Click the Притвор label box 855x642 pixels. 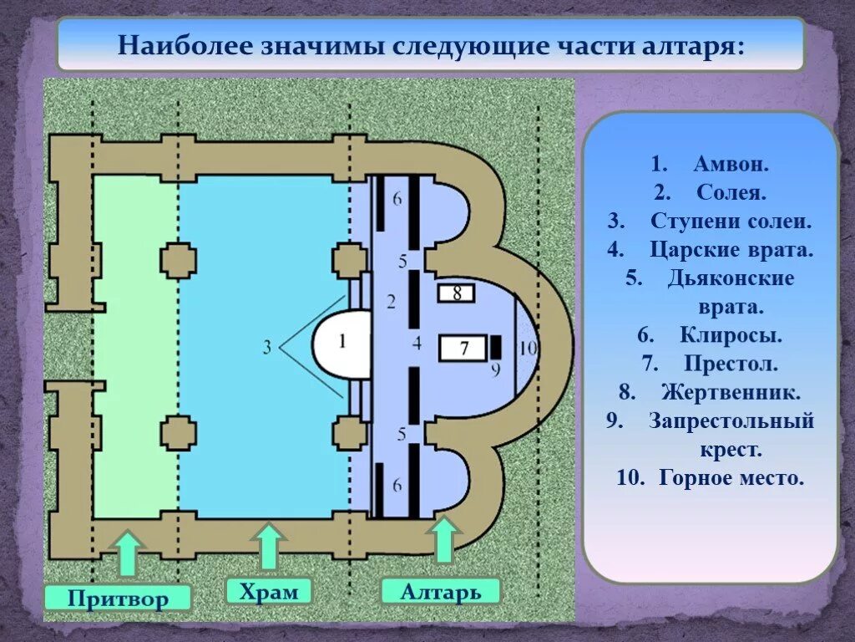(x=118, y=599)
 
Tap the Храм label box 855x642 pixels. (x=268, y=592)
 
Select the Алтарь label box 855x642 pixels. (x=441, y=592)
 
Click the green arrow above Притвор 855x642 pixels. (x=127, y=554)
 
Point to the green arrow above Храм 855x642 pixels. (x=268, y=548)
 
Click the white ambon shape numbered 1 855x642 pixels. (x=341, y=342)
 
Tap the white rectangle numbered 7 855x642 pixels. (x=463, y=347)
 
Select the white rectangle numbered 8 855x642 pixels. (x=457, y=293)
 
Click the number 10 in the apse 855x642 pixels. (x=529, y=349)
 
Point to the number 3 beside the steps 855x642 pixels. (x=267, y=346)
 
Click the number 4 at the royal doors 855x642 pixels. (x=417, y=342)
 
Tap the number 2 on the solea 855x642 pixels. (x=390, y=300)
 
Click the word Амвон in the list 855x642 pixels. (x=731, y=164)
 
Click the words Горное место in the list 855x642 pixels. (x=731, y=478)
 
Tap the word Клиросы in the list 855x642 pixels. (x=731, y=335)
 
